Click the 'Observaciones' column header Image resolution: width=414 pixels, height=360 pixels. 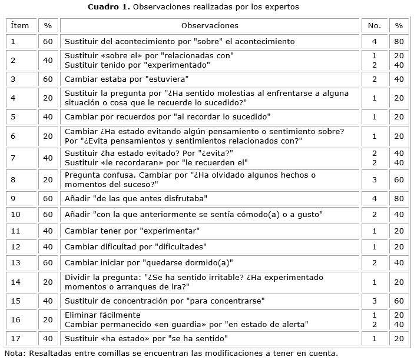(x=210, y=26)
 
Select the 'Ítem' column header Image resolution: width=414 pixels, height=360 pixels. (x=20, y=26)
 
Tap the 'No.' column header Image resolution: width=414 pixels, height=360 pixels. (x=374, y=26)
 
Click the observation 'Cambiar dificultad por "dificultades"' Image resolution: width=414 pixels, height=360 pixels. (x=143, y=246)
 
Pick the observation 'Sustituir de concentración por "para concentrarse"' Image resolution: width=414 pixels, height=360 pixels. (x=164, y=301)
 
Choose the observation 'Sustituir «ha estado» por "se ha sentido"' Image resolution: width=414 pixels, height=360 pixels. (x=146, y=338)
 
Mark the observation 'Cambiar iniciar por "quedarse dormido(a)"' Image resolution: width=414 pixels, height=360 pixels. (x=149, y=262)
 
